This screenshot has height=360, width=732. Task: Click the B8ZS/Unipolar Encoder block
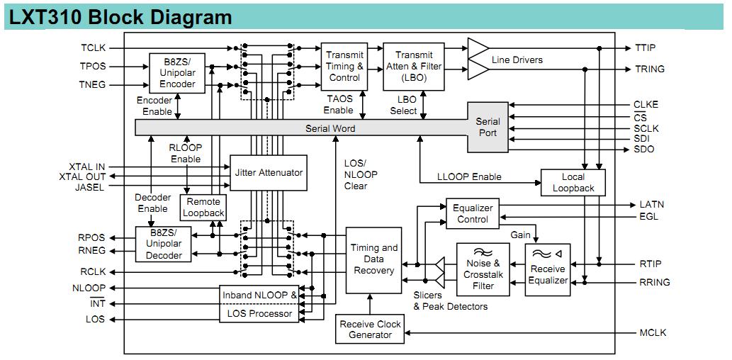click(177, 73)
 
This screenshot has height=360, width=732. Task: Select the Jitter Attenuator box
click(269, 172)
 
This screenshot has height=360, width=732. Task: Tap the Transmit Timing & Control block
click(344, 67)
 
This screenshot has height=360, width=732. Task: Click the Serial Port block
click(488, 127)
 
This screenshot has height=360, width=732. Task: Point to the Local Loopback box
click(573, 182)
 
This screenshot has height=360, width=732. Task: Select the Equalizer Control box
click(472, 213)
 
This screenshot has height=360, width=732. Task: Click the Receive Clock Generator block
click(370, 329)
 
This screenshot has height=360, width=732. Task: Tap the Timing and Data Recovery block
click(374, 259)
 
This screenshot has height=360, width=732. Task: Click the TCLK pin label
click(93, 48)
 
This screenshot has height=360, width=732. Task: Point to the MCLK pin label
click(653, 332)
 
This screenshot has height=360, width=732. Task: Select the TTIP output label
click(644, 48)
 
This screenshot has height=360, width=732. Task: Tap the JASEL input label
click(90, 188)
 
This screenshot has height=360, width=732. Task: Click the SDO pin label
click(644, 150)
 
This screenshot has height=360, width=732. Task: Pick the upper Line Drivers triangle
click(478, 48)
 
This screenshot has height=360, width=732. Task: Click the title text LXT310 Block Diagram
click(120, 16)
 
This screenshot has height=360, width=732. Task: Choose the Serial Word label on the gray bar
click(330, 128)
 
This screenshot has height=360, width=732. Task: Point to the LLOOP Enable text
click(469, 176)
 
